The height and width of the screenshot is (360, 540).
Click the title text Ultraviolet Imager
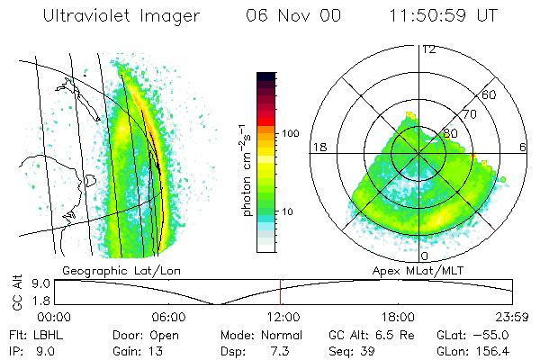pos(126,17)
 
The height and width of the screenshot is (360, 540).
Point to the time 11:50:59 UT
pos(445,17)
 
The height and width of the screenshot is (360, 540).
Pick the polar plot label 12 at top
pos(429,49)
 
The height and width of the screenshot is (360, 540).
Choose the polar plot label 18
pos(318,147)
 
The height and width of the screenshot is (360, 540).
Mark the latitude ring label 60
pos(490,95)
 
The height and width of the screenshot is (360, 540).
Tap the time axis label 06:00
pos(168,317)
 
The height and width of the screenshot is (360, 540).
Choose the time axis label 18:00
pos(398,317)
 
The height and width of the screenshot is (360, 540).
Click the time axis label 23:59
pos(513,317)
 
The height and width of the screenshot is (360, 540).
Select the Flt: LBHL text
pos(31,335)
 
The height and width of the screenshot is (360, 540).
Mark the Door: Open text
pos(143,335)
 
